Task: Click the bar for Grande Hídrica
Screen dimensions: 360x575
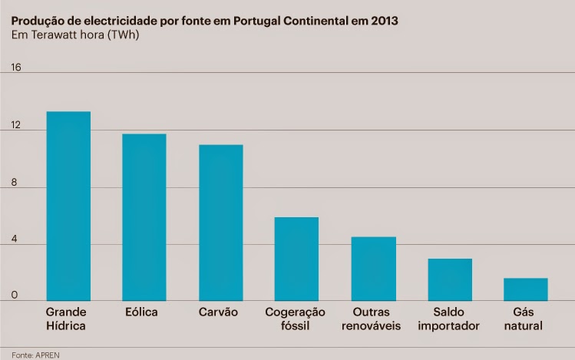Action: pyautogui.click(x=68, y=206)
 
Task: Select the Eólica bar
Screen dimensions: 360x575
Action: pyautogui.click(x=144, y=217)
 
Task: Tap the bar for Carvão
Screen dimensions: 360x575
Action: pyautogui.click(x=220, y=223)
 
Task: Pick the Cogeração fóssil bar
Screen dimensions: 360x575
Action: pyautogui.click(x=296, y=259)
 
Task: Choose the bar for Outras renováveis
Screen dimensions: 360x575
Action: pyautogui.click(x=373, y=269)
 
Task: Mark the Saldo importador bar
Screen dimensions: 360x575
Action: pyautogui.click(x=450, y=279)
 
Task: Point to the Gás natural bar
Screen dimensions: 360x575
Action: pyautogui.click(x=526, y=289)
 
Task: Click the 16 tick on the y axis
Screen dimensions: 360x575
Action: pyautogui.click(x=16, y=67)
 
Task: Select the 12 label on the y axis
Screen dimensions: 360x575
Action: pyautogui.click(x=16, y=125)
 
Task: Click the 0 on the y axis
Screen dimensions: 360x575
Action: pyautogui.click(x=15, y=295)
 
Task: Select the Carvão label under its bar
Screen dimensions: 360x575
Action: pyautogui.click(x=219, y=312)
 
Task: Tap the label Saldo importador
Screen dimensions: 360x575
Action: pyautogui.click(x=449, y=319)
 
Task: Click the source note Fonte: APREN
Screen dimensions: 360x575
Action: pyautogui.click(x=36, y=355)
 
